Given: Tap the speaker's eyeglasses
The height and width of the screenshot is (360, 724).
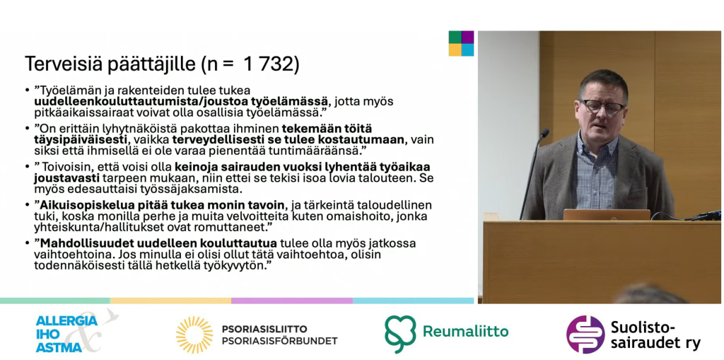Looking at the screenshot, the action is (602, 108).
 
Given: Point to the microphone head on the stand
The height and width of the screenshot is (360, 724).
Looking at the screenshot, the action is (544, 133).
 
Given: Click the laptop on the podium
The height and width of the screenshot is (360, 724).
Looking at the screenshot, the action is (607, 214).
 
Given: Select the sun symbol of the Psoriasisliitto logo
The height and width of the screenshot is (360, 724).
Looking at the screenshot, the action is (194, 335).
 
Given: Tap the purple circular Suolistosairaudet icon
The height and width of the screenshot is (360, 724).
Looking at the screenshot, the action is (585, 334).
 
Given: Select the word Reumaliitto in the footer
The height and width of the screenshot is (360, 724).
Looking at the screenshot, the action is (465, 331).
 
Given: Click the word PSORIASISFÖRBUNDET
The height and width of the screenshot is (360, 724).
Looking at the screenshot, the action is (279, 341).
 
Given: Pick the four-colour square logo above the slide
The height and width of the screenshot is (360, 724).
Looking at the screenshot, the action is (461, 43).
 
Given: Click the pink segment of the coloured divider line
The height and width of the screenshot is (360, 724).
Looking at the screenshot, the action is (292, 301).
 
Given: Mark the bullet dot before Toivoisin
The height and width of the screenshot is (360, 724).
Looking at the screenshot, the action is (28, 166).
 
